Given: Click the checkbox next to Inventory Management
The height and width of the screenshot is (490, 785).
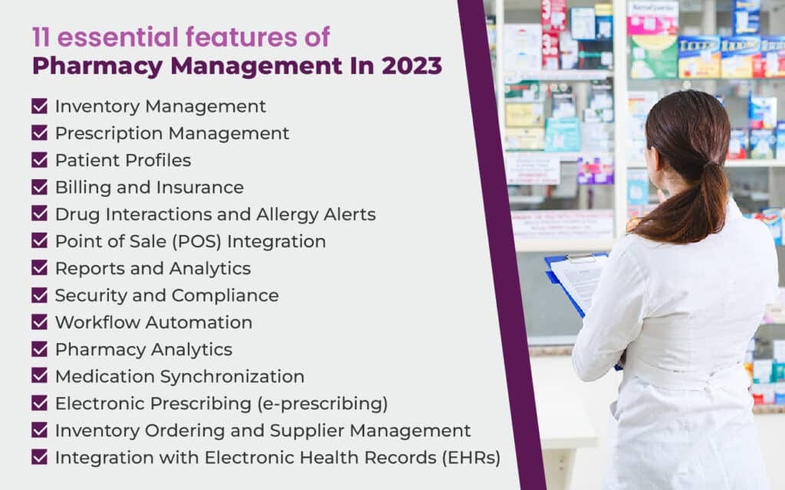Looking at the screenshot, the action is tap(39, 106).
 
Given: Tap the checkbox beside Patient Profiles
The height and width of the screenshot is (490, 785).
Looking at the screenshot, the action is tap(39, 160).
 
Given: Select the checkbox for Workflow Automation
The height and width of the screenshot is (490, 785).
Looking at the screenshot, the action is tap(39, 322).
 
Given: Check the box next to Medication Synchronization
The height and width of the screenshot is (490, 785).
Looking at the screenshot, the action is tap(39, 376).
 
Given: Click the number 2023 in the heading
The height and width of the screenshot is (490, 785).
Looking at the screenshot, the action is tap(412, 66).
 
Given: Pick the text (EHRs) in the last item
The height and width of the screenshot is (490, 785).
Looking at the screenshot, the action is tap(471, 458).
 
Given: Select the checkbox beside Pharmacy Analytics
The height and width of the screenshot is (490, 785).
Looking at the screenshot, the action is tap(39, 349).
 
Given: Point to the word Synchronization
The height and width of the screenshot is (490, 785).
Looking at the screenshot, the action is tap(232, 377).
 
